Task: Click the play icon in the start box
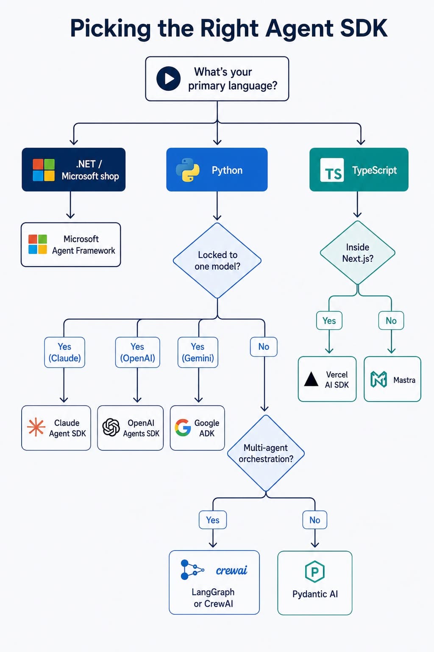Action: (x=168, y=79)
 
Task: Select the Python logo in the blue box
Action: (x=188, y=170)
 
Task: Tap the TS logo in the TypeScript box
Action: (x=332, y=170)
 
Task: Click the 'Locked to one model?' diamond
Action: (x=217, y=260)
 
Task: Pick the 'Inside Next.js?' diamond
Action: (x=358, y=253)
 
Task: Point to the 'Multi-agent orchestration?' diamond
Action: (x=266, y=453)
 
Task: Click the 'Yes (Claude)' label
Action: (x=64, y=352)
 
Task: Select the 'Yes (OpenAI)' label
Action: (x=137, y=352)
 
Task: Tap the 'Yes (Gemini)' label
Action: (x=198, y=352)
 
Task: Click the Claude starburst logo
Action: (x=36, y=427)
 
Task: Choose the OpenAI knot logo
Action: (x=111, y=427)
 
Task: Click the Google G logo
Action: (x=183, y=427)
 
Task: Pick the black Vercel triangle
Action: (x=311, y=379)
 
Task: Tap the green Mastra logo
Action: (x=378, y=379)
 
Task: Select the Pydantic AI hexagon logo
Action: (x=314, y=572)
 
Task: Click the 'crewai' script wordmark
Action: (x=231, y=570)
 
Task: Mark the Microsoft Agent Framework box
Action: (x=71, y=244)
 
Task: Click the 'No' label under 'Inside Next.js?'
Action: (x=391, y=321)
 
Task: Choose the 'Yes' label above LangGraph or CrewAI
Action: (x=213, y=520)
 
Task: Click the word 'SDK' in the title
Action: (x=363, y=28)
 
